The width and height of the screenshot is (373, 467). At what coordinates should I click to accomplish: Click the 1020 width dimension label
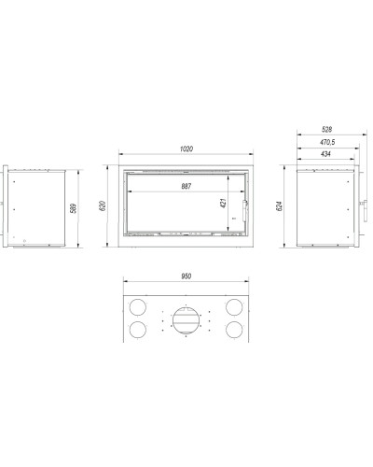[186, 149]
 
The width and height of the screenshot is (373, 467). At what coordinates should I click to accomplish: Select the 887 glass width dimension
[186, 186]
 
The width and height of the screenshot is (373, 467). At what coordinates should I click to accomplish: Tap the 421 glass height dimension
[223, 203]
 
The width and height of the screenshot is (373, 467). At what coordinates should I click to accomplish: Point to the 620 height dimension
[103, 205]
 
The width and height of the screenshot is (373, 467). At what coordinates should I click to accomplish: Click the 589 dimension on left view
[73, 208]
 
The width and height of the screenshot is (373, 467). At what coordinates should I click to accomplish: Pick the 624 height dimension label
[279, 206]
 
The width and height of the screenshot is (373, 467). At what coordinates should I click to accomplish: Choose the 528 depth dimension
[326, 130]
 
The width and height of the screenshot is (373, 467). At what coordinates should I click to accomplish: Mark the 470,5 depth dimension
[327, 142]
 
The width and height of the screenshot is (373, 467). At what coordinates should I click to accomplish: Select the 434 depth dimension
[325, 154]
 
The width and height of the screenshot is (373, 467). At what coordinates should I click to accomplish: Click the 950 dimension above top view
[186, 276]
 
